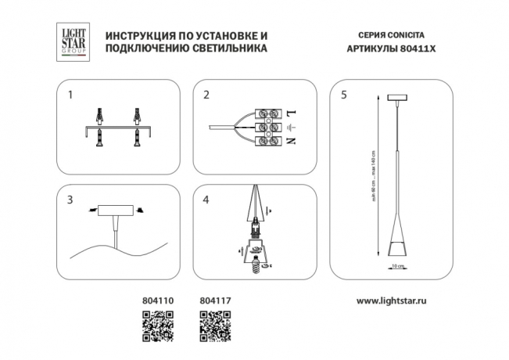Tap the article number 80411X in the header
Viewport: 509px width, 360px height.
click(x=410, y=49)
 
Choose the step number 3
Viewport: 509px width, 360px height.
click(x=70, y=200)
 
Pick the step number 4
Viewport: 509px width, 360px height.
click(x=206, y=200)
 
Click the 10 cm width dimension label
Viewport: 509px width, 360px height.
click(x=398, y=266)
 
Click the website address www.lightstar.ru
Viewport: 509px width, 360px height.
click(x=396, y=300)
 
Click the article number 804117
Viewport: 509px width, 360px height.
click(x=215, y=300)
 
